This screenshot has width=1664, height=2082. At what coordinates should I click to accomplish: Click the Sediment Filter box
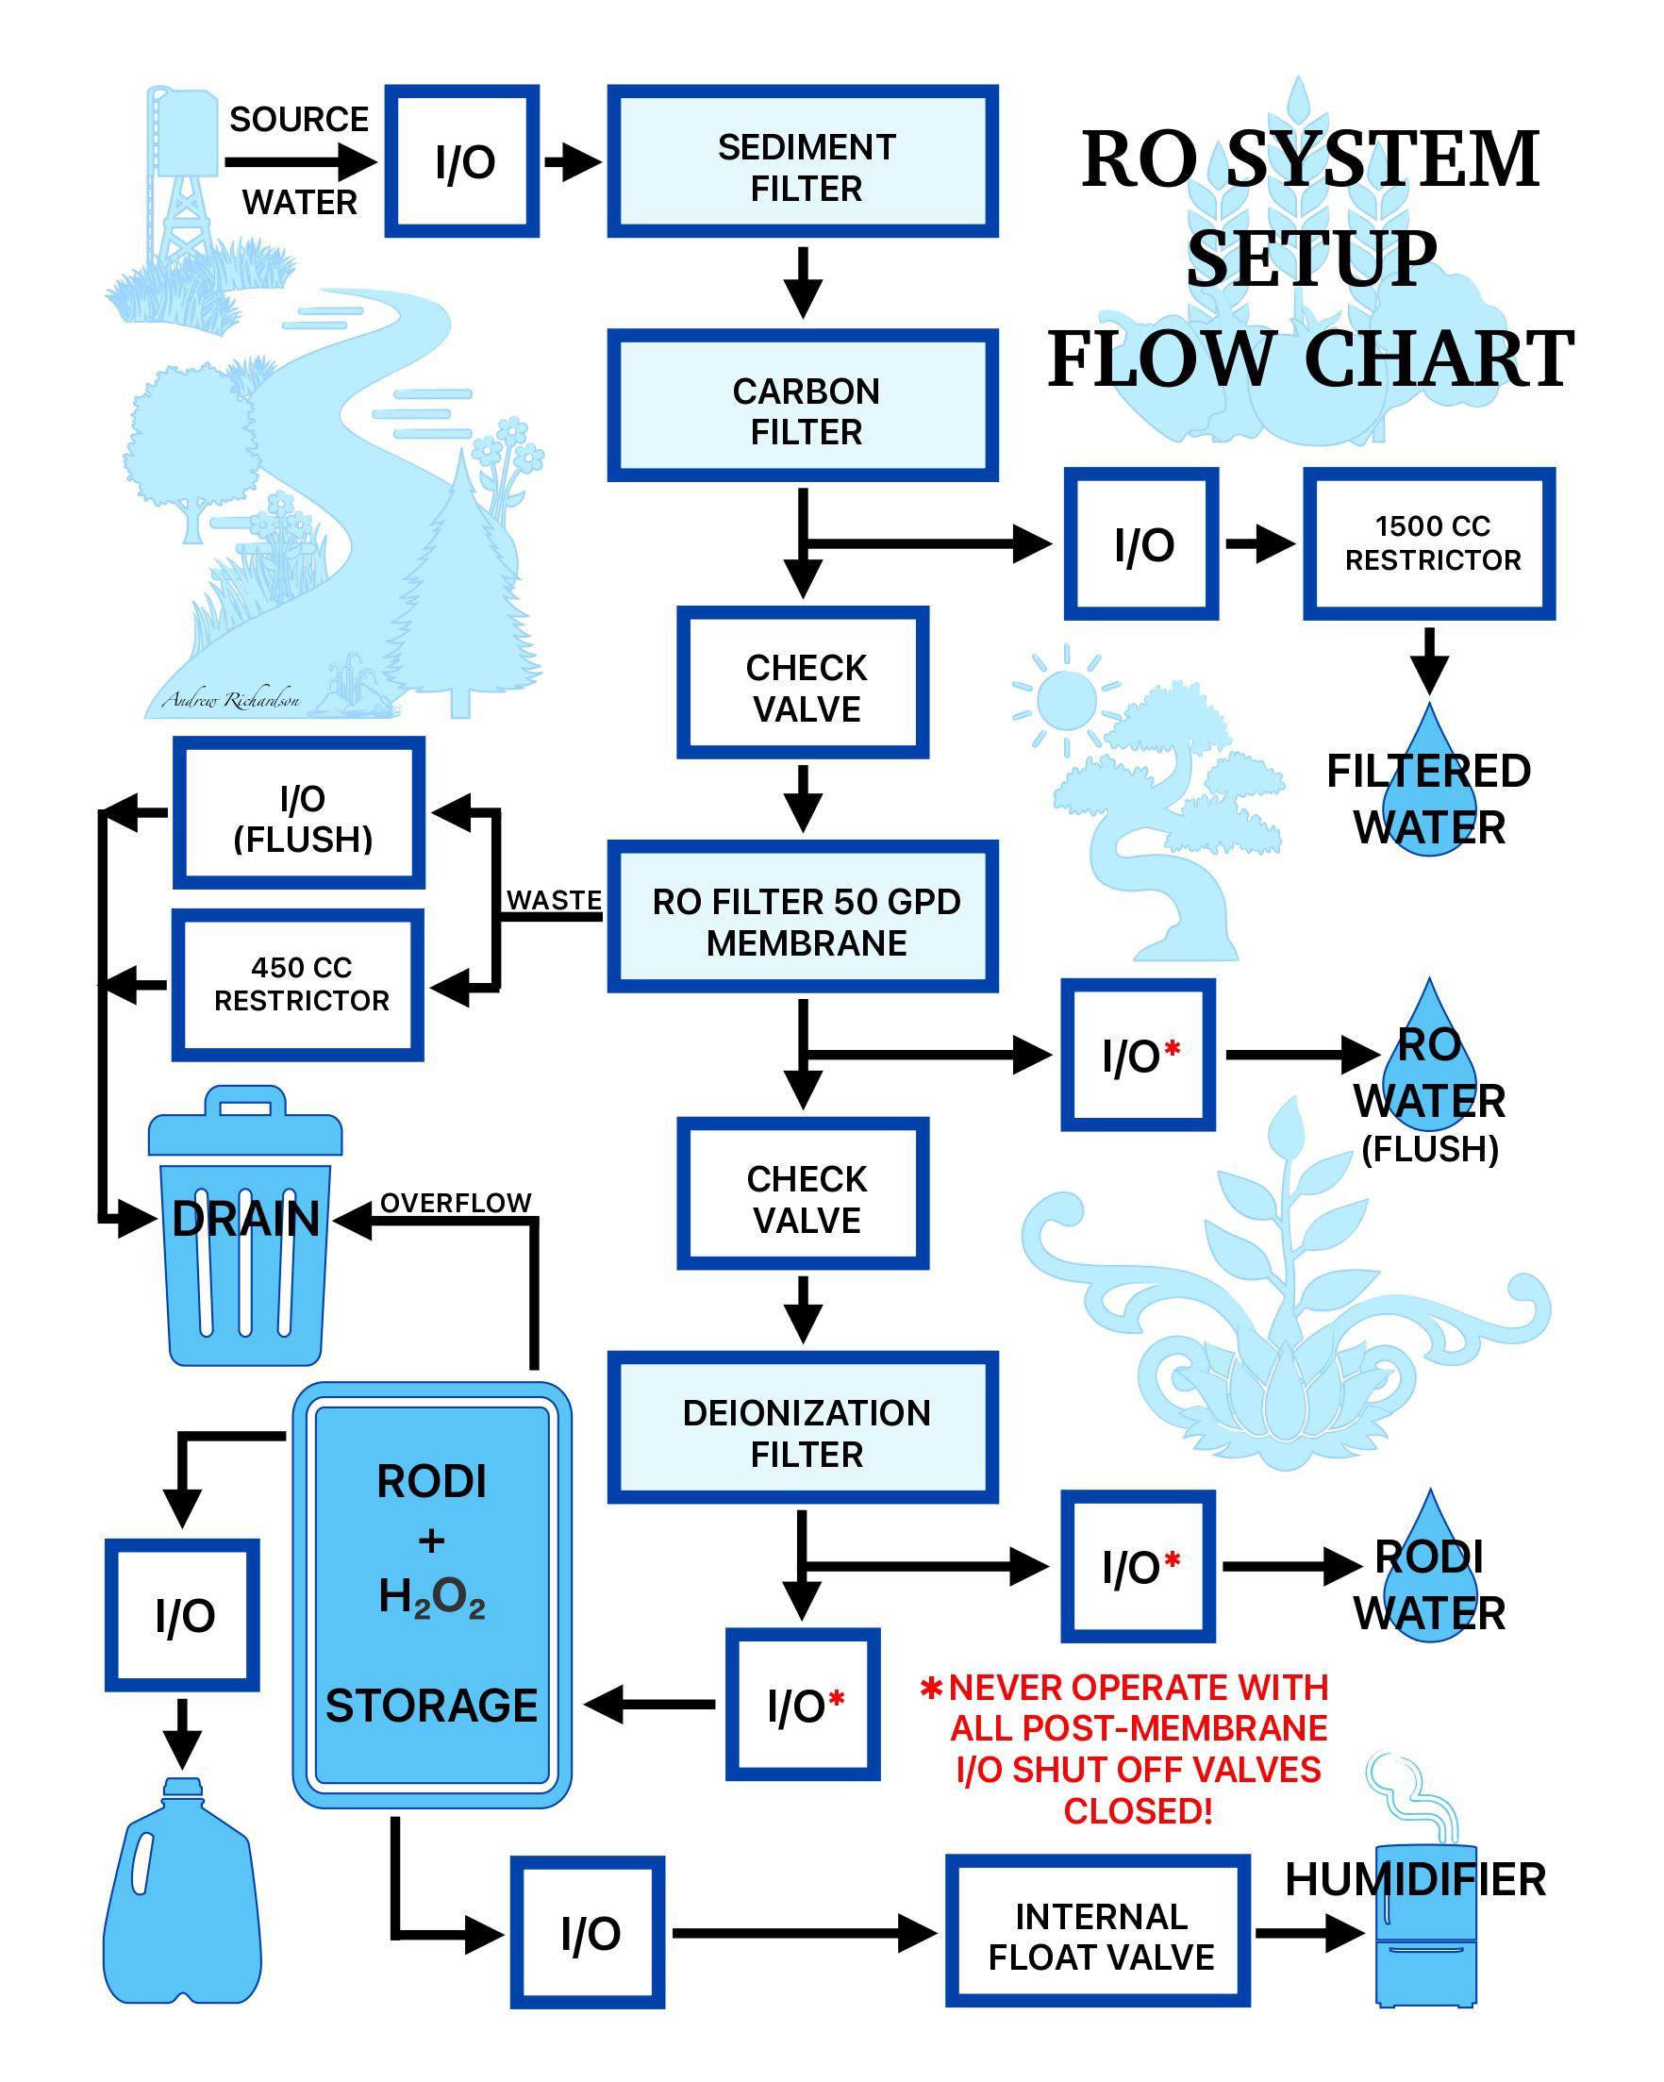pyautogui.click(x=802, y=161)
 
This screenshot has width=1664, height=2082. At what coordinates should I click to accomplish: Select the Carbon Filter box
pyautogui.click(x=802, y=406)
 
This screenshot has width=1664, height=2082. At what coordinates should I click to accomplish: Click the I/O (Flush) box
pyautogui.click(x=298, y=812)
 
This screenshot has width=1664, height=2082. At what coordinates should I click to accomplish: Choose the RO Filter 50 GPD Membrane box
pyautogui.click(x=802, y=916)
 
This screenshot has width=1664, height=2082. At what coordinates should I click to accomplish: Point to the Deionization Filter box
pyautogui.click(x=802, y=1427)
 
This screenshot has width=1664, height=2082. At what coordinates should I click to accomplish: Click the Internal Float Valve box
pyautogui.click(x=1097, y=1931)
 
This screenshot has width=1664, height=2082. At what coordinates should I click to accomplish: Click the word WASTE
pyautogui.click(x=555, y=899)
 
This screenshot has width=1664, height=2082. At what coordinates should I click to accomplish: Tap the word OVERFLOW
pyautogui.click(x=455, y=1202)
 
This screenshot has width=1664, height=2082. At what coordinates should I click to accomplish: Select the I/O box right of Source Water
pyautogui.click(x=461, y=161)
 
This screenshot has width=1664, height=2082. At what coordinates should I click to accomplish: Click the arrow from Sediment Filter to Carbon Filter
pyautogui.click(x=802, y=282)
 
